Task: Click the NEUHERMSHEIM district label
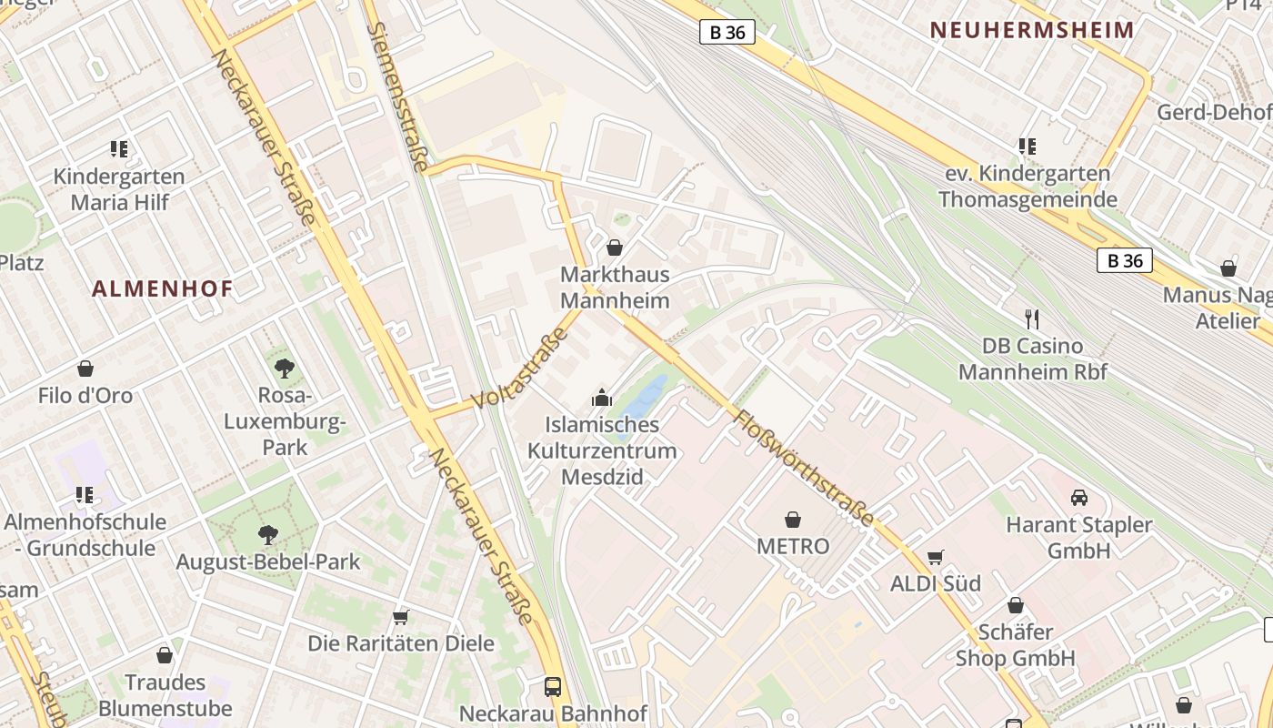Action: pos(1032,30)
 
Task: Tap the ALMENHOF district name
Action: pos(163,289)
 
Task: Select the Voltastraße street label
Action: pos(521,369)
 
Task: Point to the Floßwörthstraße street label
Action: pos(804,469)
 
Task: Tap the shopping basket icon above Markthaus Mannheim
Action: pos(615,248)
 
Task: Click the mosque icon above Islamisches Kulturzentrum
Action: pos(602,398)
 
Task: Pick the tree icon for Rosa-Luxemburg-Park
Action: pos(285,369)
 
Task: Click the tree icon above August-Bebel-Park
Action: pos(267,534)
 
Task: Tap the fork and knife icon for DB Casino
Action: pos(1032,319)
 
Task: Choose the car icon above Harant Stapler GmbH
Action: pos(1079,498)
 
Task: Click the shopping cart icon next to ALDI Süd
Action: pos(935,557)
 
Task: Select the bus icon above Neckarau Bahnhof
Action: pos(553,686)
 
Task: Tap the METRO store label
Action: pos(793,546)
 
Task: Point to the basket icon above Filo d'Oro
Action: pos(85,369)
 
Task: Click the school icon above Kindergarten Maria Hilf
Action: pos(118,148)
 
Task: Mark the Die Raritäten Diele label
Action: pos(401,643)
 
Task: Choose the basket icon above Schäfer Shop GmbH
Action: pos(1016,605)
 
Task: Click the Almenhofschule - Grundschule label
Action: pos(85,535)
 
